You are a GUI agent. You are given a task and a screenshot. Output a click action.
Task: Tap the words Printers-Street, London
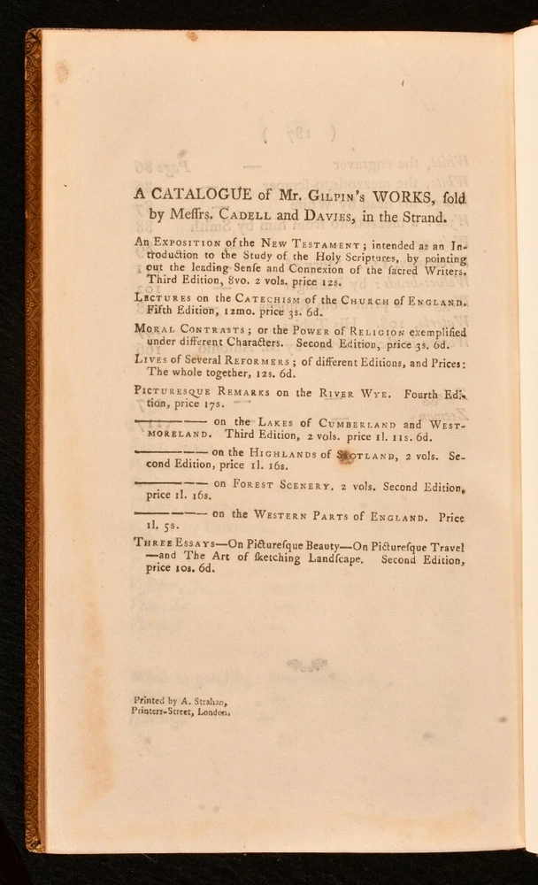(181, 711)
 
